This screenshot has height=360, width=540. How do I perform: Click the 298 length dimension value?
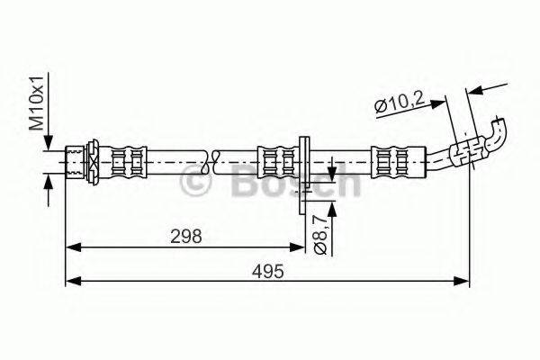coord(185,236)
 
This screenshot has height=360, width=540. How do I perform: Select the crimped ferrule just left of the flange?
coord(277,162)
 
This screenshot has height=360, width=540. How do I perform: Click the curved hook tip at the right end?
coord(498,136)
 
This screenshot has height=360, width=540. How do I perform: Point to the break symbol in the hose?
coord(212,162)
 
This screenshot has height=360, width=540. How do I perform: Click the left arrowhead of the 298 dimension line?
coord(75,244)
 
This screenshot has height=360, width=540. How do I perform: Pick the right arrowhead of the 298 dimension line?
coord(300,244)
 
